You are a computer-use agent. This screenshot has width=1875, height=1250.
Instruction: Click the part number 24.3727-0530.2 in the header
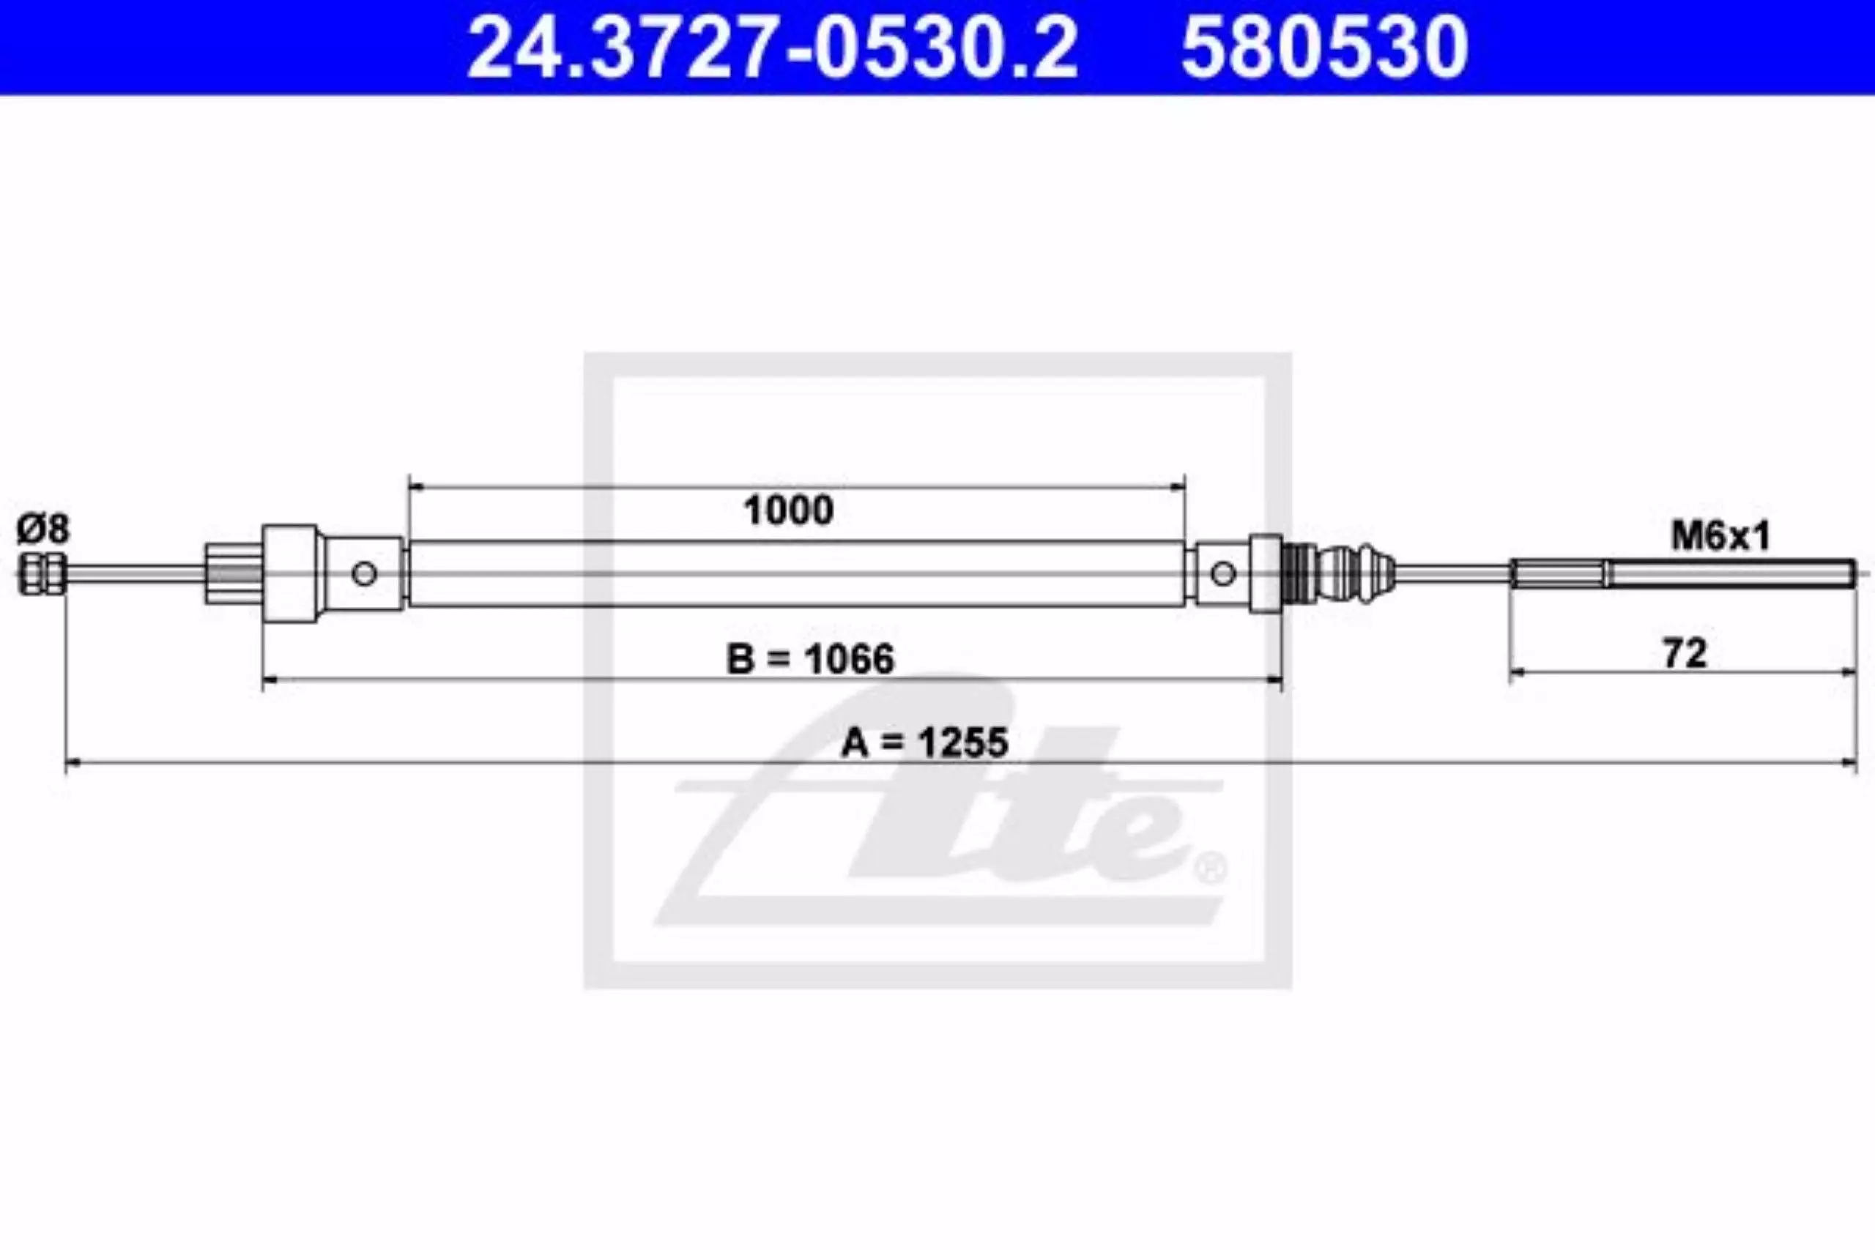pos(773,48)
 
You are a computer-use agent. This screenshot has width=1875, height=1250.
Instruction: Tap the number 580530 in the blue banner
pos(1324,48)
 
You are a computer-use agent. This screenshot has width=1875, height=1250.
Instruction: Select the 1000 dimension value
pos(788,510)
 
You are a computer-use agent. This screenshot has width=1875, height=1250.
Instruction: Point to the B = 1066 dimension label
pos(811,659)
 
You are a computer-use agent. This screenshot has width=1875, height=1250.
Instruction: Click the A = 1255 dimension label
pos(925,743)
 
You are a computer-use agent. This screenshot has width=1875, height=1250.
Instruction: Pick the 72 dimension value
pos(1685,654)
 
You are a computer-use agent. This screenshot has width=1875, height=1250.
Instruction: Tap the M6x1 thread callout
pos(1720,537)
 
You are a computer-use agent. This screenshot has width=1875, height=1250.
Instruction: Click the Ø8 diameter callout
pos(43,529)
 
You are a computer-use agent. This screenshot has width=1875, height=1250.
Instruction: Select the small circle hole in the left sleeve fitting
pos(364,573)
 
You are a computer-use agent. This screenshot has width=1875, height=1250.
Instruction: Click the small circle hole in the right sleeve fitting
pos(1223,573)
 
